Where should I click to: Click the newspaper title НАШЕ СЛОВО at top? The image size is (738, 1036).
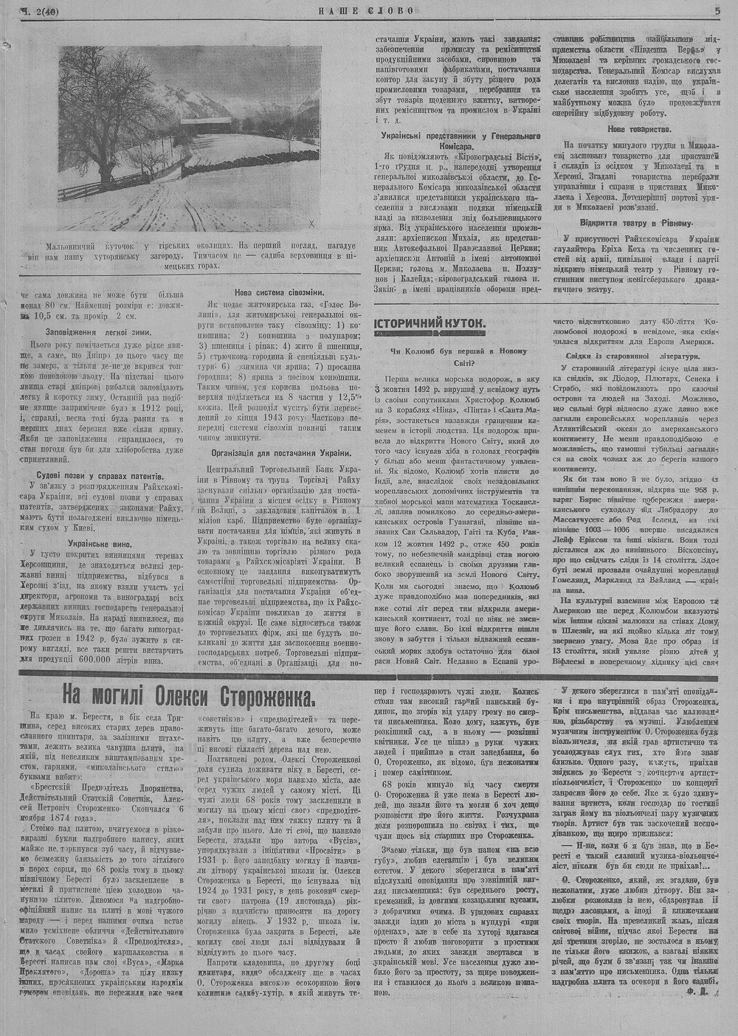coord(366,10)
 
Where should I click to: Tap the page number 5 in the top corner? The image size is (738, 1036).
coord(717,10)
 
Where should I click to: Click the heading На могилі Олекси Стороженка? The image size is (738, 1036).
coord(188,695)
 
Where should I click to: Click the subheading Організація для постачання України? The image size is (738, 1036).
coord(280,452)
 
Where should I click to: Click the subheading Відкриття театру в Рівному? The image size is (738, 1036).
coord(638,222)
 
